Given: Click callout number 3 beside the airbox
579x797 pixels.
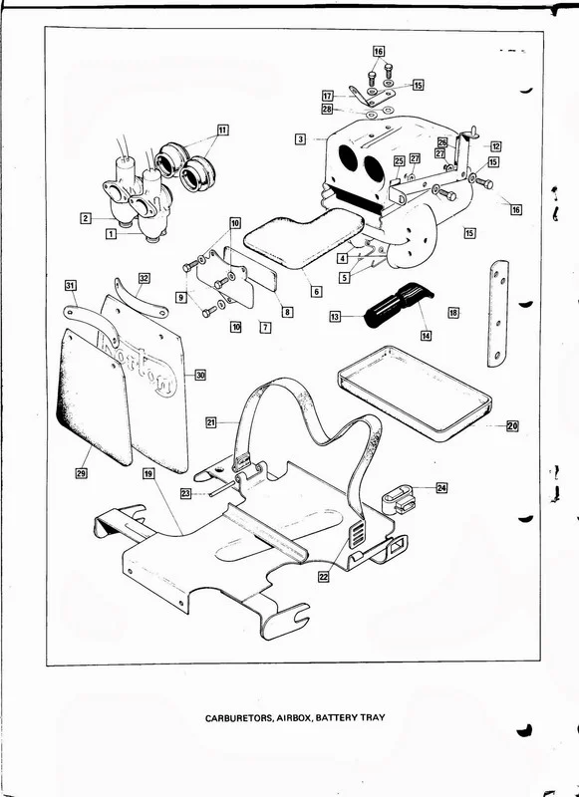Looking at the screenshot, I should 299,139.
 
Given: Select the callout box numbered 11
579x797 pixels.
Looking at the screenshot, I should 221,130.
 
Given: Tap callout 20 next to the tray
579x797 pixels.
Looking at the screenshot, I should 511,426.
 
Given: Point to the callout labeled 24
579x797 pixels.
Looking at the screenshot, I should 441,488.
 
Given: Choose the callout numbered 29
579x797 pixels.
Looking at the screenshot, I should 81,473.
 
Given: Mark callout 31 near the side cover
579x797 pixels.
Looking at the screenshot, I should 71,286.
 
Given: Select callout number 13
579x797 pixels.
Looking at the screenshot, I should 335,316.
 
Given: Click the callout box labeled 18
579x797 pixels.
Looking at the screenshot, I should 453,313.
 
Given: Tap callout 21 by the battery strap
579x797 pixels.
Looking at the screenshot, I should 211,421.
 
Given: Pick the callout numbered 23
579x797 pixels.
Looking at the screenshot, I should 185,492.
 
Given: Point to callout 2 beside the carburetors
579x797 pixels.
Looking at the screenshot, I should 87,217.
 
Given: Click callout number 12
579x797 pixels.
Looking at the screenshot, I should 495,146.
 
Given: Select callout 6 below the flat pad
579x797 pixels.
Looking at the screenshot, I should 316,292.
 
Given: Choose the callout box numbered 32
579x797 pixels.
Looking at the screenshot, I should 145,277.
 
